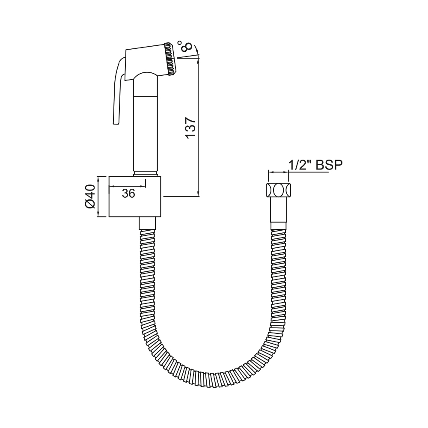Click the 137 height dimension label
190,128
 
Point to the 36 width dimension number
128,193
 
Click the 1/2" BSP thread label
315,165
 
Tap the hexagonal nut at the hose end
279,190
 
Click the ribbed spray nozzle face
171,59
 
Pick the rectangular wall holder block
135,196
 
